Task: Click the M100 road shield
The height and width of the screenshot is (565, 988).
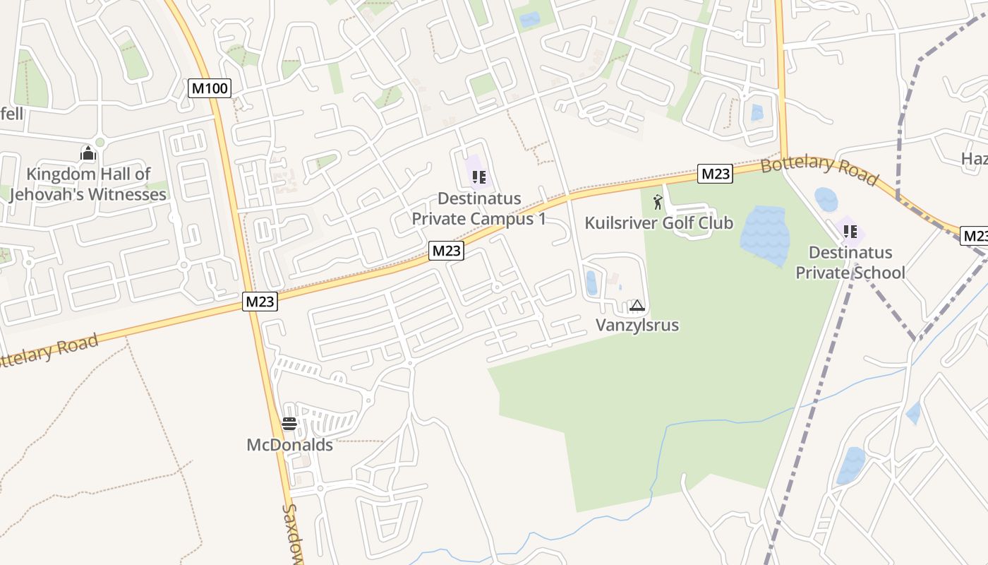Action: click(210, 88)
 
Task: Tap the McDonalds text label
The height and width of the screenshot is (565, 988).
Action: click(289, 445)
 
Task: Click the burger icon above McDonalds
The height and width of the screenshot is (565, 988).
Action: click(289, 424)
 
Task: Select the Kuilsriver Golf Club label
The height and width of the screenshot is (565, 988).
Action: click(659, 223)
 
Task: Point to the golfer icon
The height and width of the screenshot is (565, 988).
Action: click(658, 202)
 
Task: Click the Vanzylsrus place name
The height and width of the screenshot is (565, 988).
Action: click(637, 325)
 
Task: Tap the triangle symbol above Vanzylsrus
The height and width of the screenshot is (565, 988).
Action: click(637, 306)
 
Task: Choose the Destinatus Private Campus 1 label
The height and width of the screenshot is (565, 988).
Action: click(479, 208)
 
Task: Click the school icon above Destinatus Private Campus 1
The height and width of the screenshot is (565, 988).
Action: click(479, 177)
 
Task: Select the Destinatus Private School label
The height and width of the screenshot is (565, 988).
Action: click(850, 263)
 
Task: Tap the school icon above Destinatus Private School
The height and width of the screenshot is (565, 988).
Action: click(850, 231)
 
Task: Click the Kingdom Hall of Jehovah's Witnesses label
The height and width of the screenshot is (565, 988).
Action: click(88, 184)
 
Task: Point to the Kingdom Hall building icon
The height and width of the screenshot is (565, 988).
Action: click(88, 153)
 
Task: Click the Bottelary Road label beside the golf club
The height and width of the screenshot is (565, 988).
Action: click(820, 171)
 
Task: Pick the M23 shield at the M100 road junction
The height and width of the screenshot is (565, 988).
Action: click(260, 302)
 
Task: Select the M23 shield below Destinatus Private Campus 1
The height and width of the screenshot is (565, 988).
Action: click(447, 250)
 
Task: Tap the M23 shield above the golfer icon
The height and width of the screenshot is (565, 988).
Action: click(715, 174)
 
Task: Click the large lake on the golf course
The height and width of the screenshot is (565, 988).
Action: click(765, 234)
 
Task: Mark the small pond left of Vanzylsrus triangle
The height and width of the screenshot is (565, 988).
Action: click(591, 282)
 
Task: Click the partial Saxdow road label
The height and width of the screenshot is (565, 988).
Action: click(293, 533)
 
